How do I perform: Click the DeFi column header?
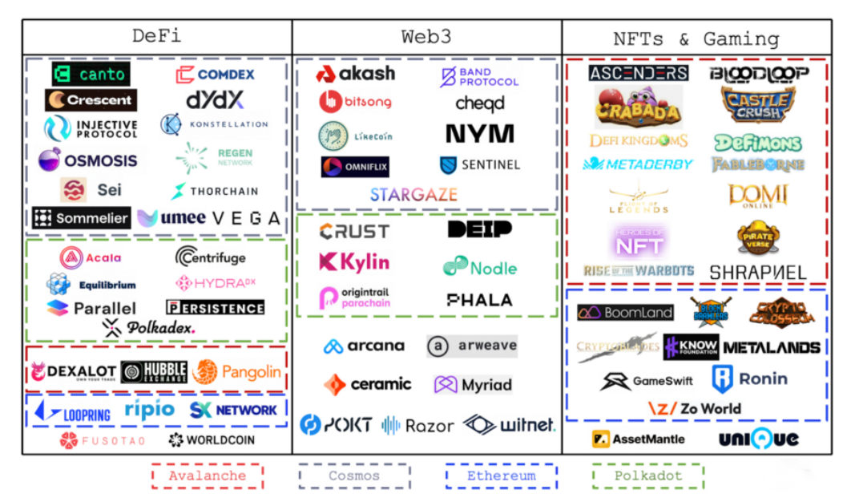[156, 37]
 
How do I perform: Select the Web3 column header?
[425, 37]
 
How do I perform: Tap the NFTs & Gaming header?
[696, 38]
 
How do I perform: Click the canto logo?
[91, 75]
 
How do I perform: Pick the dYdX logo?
[215, 100]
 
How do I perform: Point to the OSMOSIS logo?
[88, 160]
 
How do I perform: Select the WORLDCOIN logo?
[212, 439]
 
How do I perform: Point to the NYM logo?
[480, 133]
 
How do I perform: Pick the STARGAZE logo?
[413, 194]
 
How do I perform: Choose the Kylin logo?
[354, 262]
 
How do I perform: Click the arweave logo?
[472, 346]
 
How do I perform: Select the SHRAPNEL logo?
[758, 273]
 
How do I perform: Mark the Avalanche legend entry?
[208, 476]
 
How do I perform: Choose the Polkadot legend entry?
[647, 476]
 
